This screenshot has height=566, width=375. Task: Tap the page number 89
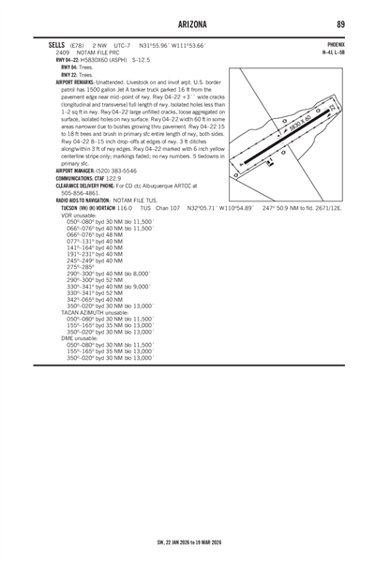tap(341, 23)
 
